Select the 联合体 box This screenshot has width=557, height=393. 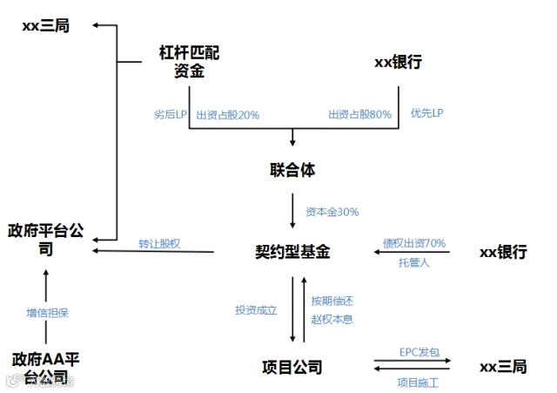click(x=292, y=168)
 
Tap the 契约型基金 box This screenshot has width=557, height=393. click(x=292, y=252)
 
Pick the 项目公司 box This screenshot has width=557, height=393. click(x=292, y=366)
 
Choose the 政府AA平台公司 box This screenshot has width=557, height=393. click(x=45, y=368)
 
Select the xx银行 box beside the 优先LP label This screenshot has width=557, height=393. click(x=402, y=63)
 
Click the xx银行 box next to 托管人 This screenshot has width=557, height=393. click(x=504, y=252)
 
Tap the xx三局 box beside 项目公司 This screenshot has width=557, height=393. click(x=504, y=367)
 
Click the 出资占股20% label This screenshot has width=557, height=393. click(x=227, y=114)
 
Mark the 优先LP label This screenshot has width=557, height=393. click(x=427, y=114)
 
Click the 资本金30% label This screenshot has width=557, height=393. click(x=332, y=212)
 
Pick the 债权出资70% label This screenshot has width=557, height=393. click(x=414, y=243)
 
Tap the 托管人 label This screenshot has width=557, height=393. click(x=414, y=261)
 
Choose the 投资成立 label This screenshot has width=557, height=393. click(x=256, y=309)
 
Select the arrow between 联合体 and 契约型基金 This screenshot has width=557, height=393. click(x=292, y=210)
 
